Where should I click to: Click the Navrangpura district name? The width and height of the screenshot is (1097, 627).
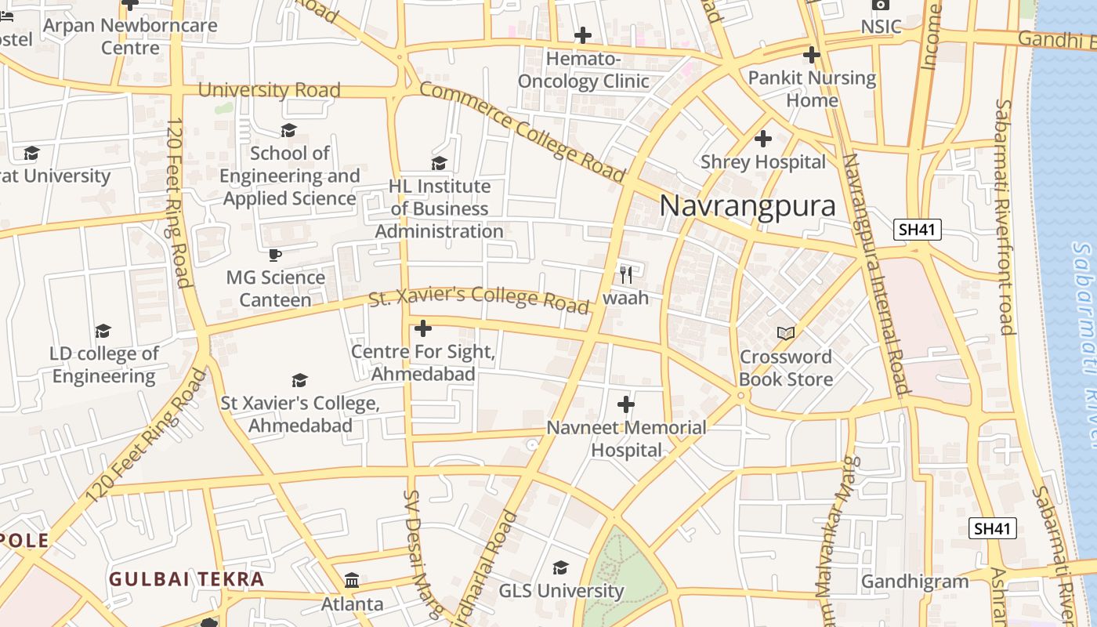point(748,205)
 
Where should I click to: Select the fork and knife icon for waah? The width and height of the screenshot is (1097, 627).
point(625,274)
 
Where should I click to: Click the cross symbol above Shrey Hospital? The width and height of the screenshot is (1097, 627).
point(762,139)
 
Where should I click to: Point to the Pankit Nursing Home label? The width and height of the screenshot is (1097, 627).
point(812,89)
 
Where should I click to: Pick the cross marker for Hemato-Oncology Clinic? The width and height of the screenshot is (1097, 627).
point(582,35)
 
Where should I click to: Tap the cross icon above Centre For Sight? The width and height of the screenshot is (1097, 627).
point(423,328)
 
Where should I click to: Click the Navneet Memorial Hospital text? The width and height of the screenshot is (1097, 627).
point(626,439)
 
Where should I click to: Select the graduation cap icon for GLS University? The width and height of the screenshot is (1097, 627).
point(560,567)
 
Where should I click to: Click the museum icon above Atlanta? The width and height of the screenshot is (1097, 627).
point(352,581)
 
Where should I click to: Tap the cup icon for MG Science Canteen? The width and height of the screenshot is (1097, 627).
point(275,255)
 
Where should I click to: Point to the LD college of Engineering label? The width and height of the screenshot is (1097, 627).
point(103,364)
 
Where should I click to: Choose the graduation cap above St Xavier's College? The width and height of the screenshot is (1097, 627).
point(299,381)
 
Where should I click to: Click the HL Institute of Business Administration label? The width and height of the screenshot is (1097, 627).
point(439,209)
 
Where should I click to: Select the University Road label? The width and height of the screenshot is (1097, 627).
point(269,90)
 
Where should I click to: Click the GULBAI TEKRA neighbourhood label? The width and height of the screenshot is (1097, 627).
point(186,579)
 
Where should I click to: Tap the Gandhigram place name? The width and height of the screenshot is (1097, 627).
point(914,582)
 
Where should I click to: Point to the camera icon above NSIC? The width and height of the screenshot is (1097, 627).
point(880,5)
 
